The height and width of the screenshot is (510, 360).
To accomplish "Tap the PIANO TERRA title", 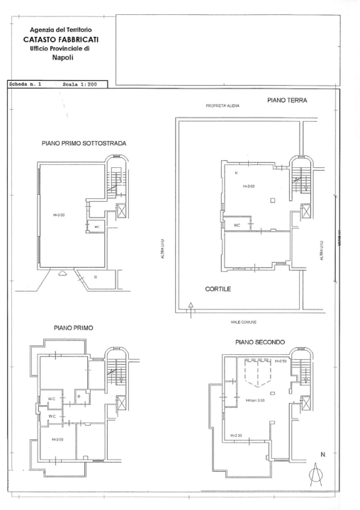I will pos(287,101).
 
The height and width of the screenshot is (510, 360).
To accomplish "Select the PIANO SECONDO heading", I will pos(260,341).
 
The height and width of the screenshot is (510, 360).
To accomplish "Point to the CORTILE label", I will pos(218,290).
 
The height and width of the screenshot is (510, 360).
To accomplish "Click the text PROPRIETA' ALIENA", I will pos(223,106).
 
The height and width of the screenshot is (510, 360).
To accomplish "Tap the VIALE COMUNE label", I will pos(243,322).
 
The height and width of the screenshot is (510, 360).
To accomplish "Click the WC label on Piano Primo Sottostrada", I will pos(96,227).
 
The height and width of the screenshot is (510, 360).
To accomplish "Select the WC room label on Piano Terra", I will pos(237,225).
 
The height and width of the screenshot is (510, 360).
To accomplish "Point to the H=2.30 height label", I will pos(237,435).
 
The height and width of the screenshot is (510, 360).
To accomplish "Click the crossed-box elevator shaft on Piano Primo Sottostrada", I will pos(120,211).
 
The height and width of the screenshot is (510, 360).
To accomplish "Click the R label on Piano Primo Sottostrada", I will pos(96,277).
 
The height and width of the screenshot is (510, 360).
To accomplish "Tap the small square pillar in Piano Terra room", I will pos(272,201).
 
